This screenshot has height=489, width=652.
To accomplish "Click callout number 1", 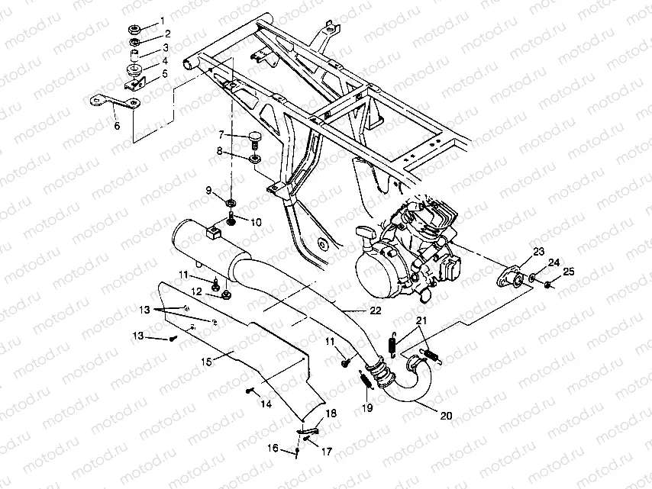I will click(161, 21).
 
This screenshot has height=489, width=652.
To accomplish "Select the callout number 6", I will click(116, 126).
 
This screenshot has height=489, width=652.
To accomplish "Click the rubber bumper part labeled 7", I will click(253, 138).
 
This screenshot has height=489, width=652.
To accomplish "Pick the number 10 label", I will click(255, 222).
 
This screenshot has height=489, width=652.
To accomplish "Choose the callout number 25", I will click(568, 272).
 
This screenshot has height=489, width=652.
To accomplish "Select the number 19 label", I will click(369, 407).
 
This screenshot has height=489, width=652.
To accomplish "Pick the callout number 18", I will click(330, 413).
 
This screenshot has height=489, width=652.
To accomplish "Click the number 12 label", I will click(197, 291).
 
